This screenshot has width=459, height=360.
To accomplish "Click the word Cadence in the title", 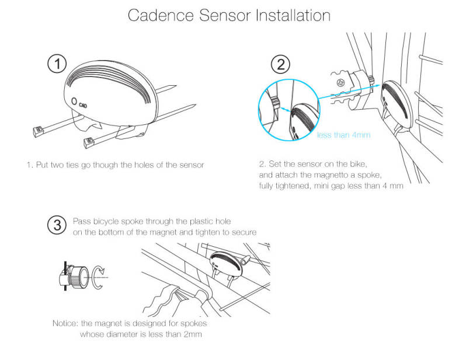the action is coord(161,16).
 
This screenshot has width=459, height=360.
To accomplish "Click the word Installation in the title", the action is coord(293,16).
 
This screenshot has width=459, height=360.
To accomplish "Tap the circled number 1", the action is coord(57,64).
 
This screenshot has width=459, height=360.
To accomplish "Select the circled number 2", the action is coord(280,64).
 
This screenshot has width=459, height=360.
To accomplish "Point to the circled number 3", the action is coord(57,225).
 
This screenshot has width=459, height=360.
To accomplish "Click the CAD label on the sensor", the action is coord(83,104).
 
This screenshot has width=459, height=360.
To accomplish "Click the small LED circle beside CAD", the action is coord(74,102).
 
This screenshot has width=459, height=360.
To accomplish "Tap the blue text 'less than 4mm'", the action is coord(343,135).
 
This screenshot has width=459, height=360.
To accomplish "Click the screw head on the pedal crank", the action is coord(340,83).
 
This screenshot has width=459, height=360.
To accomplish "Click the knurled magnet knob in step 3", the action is coord(78,277).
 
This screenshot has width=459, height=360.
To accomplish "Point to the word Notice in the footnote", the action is coord(65,323).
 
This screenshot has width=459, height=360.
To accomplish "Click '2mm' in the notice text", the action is coord(193,334).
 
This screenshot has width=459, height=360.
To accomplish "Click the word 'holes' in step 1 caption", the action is coord(144,165).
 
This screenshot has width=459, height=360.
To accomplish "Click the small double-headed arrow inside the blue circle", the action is coord(285,109).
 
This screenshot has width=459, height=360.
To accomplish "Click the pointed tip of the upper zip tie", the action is coord(176,86).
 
